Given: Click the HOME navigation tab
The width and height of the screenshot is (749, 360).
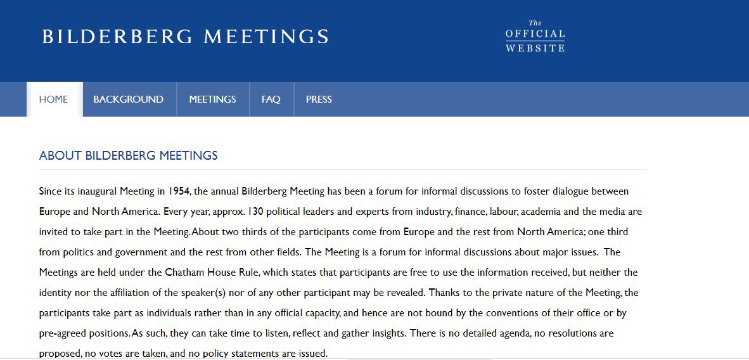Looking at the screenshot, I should click(x=53, y=100).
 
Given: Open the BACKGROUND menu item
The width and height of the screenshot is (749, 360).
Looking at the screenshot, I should click(x=128, y=100).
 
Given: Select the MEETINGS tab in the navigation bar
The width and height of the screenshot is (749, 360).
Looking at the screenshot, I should click(x=212, y=100).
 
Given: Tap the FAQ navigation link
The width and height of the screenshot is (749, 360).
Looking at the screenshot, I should click(x=271, y=100).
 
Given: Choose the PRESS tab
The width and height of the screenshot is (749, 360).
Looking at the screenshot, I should click(x=319, y=100).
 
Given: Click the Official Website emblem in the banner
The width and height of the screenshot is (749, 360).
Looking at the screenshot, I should click(x=535, y=36).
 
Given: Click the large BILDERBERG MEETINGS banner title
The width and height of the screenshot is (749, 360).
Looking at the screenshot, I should click(x=186, y=36).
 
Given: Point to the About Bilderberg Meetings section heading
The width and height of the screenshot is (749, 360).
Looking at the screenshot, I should click(x=128, y=155).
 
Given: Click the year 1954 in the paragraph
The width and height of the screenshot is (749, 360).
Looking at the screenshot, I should click(x=179, y=191).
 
